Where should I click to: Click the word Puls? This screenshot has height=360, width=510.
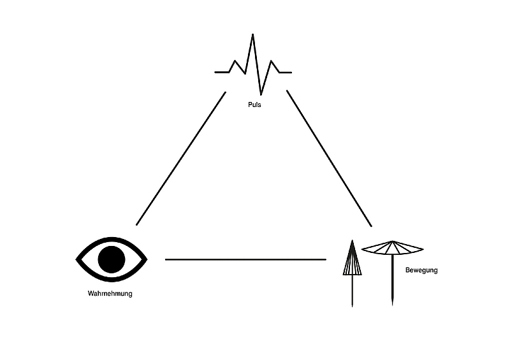point(254,104)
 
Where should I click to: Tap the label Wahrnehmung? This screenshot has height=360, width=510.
point(110,294)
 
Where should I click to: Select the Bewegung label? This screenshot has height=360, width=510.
point(421,270)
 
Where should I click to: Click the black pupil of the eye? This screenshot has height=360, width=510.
point(112,259)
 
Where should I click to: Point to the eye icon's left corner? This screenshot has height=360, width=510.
point(76,259)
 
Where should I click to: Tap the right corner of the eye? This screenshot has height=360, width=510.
point(147,259)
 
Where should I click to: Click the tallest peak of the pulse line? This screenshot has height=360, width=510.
point(252,34)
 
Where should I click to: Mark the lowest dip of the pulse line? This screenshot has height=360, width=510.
point(261,95)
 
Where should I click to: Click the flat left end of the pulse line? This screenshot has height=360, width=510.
point(215,72)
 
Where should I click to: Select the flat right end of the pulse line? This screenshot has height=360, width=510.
point(291,72)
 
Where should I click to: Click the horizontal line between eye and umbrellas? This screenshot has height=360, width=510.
point(245,259)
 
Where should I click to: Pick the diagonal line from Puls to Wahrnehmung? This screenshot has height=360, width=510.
point(181,159)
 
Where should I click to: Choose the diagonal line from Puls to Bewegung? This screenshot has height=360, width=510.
point(329,158)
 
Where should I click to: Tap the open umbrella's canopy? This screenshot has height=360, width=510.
point(392,248)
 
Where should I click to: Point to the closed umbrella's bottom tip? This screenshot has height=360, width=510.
point(353,306)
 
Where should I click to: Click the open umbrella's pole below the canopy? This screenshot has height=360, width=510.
point(392,280)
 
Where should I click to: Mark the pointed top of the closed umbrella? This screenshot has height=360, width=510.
point(353,240)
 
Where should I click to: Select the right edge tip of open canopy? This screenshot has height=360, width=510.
point(423,249)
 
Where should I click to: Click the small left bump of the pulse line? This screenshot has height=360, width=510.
point(235,61)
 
